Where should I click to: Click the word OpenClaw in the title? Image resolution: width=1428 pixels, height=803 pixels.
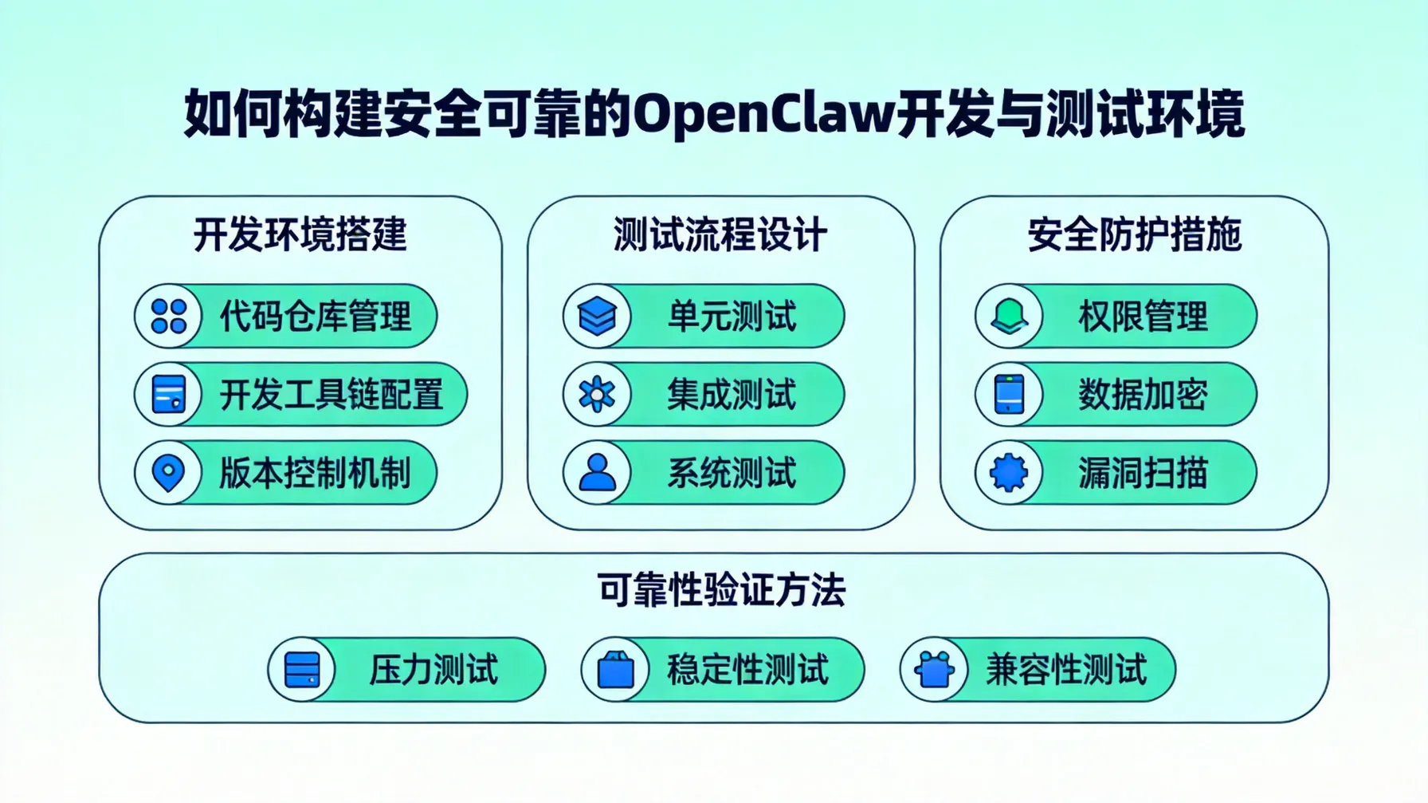[x=764, y=114]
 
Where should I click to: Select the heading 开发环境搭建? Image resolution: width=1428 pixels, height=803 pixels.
[x=300, y=235]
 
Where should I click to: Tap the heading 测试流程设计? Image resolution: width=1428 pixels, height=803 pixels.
[x=720, y=235]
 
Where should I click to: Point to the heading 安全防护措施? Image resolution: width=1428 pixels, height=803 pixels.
[x=1134, y=235]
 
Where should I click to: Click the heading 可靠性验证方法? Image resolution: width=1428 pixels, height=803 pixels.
[x=721, y=591]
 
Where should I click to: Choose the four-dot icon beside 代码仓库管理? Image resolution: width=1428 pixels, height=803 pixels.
[x=169, y=317]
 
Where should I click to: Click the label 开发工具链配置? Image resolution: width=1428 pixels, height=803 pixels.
[x=331, y=395]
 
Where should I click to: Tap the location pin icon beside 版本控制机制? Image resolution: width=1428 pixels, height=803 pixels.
[x=169, y=473]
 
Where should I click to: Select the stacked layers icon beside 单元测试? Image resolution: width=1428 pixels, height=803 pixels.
[x=597, y=317]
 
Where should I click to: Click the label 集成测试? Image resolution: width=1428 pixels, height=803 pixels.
[x=732, y=395]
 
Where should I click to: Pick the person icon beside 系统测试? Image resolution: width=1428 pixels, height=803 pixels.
[x=597, y=473]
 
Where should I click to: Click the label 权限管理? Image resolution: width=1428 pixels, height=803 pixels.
[x=1143, y=317]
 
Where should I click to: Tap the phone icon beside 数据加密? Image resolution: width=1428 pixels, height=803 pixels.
[x=1010, y=395]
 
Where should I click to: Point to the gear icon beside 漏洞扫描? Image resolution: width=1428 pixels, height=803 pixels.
[x=1010, y=473]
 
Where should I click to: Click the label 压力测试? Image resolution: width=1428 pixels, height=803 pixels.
[x=433, y=670]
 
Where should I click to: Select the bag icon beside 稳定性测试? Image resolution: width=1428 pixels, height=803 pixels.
[x=616, y=670]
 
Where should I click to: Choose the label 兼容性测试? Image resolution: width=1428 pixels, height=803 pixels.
[x=1066, y=670]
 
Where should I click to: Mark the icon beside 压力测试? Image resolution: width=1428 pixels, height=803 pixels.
[x=302, y=670]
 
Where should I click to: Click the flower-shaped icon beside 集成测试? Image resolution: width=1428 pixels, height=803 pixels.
[x=597, y=395]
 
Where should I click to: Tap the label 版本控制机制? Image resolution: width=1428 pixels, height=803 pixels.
[x=316, y=473]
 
